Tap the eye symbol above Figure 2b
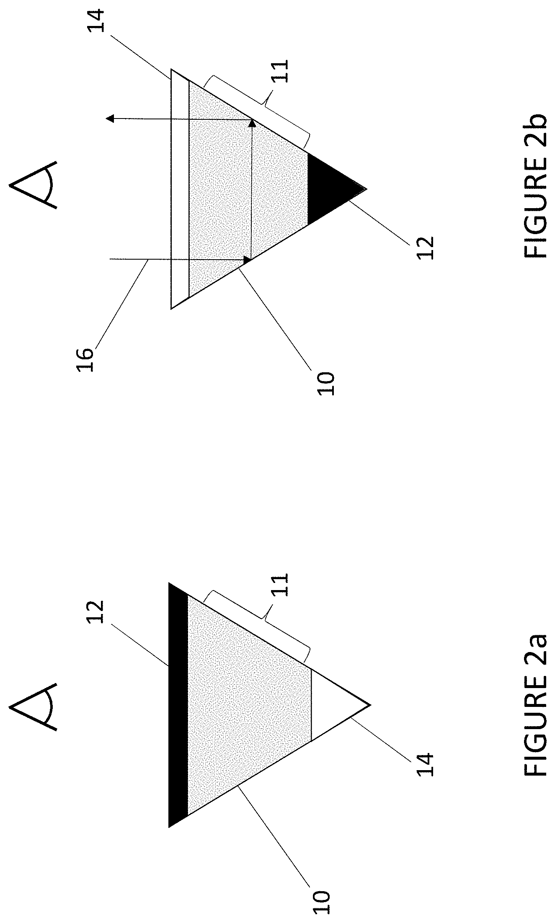[34, 185]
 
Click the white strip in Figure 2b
[180, 188]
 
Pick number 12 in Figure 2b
[425, 248]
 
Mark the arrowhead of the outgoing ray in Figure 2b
[110, 119]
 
